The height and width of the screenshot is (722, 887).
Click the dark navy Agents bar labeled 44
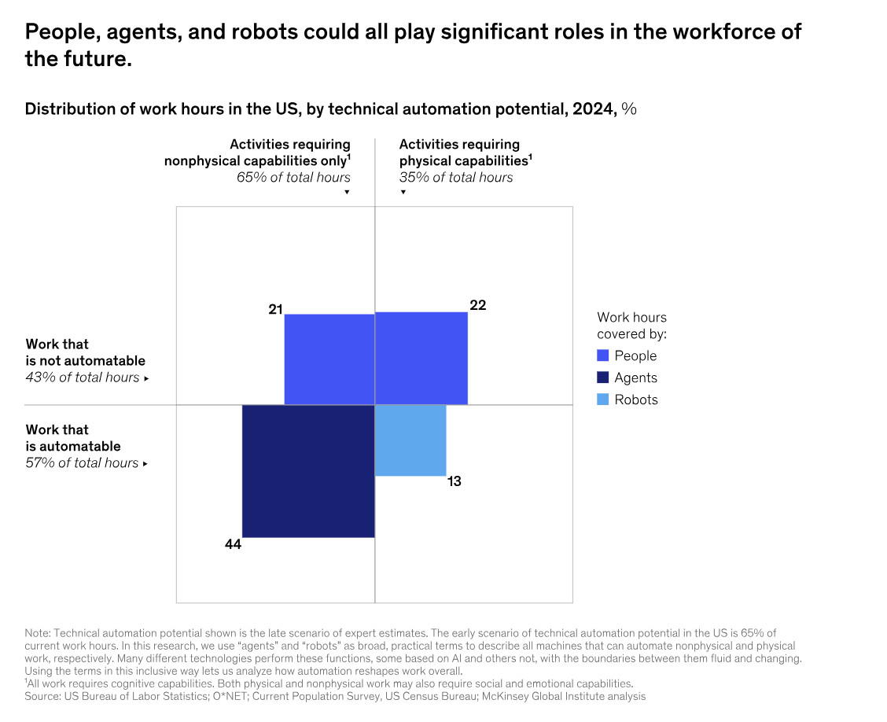click(x=308, y=471)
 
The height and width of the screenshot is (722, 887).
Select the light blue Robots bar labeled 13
click(x=410, y=440)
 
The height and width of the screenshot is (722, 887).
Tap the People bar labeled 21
click(x=329, y=359)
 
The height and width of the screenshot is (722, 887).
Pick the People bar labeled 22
click(x=421, y=359)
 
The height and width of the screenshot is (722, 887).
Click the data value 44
click(x=233, y=544)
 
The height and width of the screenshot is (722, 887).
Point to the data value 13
click(x=454, y=481)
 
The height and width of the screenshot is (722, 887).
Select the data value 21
click(x=275, y=310)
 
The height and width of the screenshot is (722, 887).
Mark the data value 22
click(x=477, y=305)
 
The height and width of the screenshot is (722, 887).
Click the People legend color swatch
click(x=603, y=355)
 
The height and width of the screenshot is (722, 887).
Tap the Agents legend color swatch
click(x=603, y=378)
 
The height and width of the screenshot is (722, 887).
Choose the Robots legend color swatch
click(x=603, y=400)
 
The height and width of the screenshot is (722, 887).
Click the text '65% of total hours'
click(x=293, y=178)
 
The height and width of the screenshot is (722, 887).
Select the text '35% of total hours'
click(x=456, y=178)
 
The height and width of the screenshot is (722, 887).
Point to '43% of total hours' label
click(x=83, y=378)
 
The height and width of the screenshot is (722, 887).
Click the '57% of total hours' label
click(x=83, y=463)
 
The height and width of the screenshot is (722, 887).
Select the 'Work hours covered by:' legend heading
click(x=631, y=326)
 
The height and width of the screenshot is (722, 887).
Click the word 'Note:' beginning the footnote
click(x=37, y=633)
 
